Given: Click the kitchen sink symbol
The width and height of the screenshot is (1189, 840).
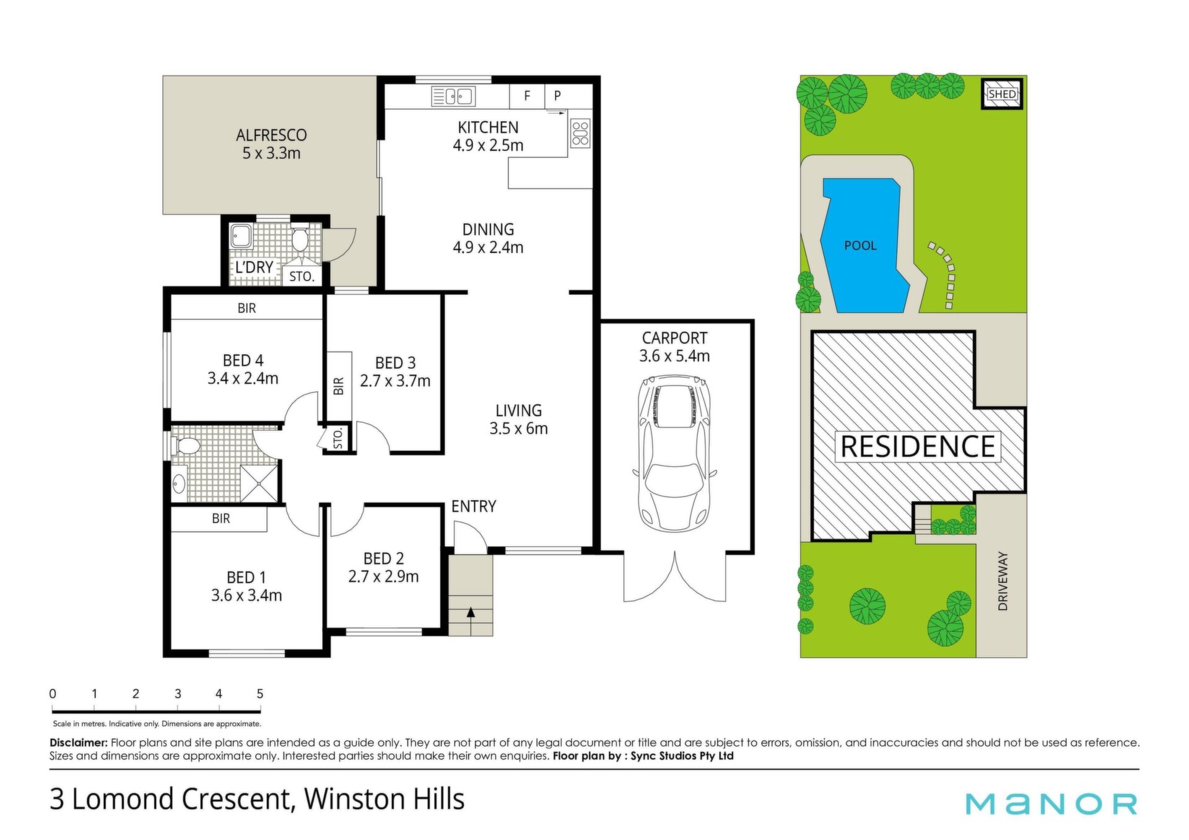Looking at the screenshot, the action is pos(453,97).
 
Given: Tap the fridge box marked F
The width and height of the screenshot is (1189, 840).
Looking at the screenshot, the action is pos(527,96).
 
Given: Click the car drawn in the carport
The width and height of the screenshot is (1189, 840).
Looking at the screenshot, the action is pos(674,454).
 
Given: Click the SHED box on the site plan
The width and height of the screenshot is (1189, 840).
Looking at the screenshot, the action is pos(1002,94).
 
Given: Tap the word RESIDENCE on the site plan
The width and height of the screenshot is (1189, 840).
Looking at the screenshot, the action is pos(917,446).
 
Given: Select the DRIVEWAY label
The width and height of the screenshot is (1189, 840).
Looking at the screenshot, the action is pos(1003,581).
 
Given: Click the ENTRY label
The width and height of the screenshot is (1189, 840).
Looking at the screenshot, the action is pos(474,506).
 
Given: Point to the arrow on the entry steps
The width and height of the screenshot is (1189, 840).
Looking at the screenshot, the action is pos(471,613).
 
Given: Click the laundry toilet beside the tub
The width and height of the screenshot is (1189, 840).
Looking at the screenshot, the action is pos(300,239).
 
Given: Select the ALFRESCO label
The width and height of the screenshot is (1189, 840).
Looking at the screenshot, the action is pos(271,135).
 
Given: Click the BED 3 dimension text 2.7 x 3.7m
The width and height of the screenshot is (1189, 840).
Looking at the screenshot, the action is pos(395,381).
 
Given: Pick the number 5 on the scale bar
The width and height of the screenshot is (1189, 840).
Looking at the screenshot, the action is pos(260,694).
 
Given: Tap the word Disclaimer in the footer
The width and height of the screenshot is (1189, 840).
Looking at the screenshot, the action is pos(79,742).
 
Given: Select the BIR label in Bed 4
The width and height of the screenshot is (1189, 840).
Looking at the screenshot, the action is pos(246,308).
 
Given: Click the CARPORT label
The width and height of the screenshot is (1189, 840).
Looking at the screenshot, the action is pos(674,338).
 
